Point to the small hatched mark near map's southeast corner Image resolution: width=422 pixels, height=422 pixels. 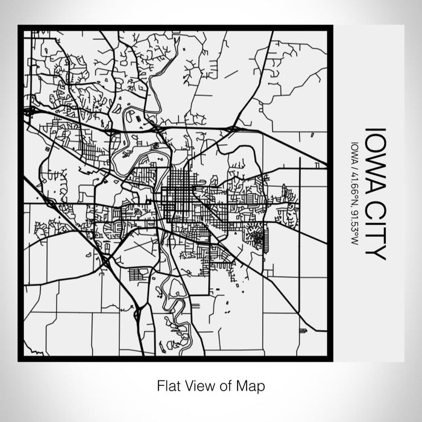[303, 330]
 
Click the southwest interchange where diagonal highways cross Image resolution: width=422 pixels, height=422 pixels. [106, 260]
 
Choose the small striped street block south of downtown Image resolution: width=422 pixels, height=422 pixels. [137, 274]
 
